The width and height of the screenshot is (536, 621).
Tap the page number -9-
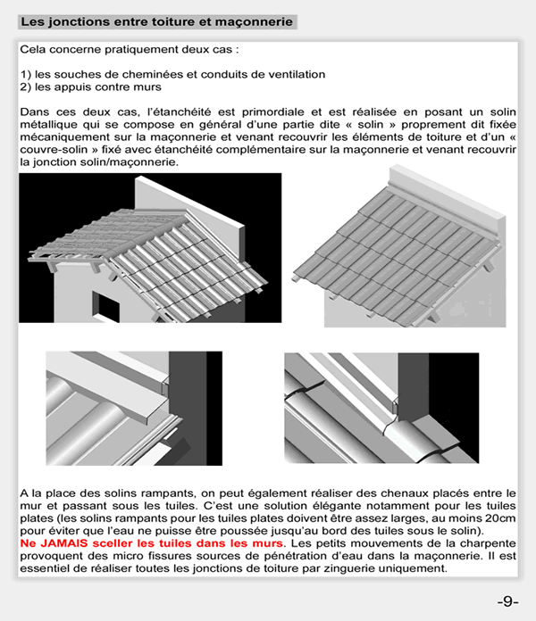pos(507,600)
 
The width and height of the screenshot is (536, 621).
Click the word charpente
pos(490,543)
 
